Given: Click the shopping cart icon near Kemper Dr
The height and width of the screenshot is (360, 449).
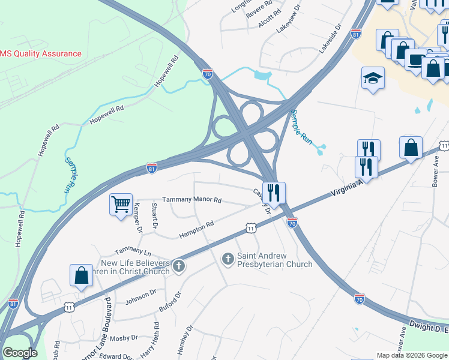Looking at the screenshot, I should (121, 205).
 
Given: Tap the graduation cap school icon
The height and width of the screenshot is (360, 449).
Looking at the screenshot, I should (373, 79).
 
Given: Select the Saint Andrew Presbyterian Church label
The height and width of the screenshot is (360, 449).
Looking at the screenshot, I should (274, 260).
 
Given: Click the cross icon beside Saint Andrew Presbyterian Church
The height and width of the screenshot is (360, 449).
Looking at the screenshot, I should (228, 259).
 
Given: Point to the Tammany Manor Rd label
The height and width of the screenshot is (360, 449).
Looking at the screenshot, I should (192, 200).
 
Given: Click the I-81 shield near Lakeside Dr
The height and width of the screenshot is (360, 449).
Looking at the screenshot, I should (356, 34).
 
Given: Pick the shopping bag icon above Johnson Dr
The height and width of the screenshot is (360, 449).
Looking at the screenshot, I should (81, 275).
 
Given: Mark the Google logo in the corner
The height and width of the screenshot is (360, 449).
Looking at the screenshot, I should (20, 353).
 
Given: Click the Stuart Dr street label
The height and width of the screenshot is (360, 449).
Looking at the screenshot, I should (154, 217).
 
